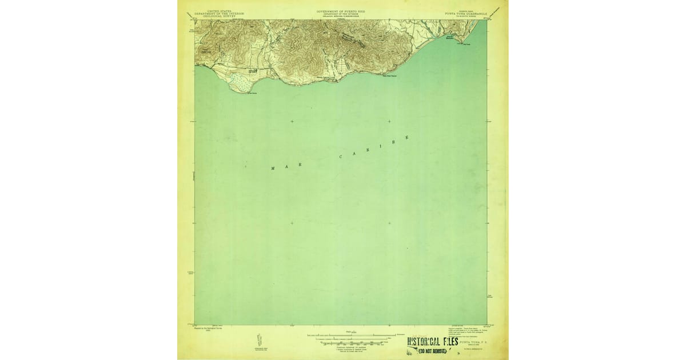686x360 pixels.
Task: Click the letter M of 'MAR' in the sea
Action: pyautogui.click(x=273, y=169)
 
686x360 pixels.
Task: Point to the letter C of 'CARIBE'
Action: pyautogui.click(x=341, y=157)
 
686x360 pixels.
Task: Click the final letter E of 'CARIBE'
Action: pyautogui.click(x=407, y=137)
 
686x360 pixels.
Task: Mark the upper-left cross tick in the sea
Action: pyautogui.click(x=292, y=121)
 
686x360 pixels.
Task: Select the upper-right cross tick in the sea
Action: pyautogui.click(x=389, y=121)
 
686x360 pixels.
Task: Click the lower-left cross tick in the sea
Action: pyautogui.click(x=292, y=223)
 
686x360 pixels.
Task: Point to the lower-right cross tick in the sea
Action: pyautogui.click(x=389, y=223)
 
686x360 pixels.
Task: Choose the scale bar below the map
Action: pyautogui.click(x=349, y=336)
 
